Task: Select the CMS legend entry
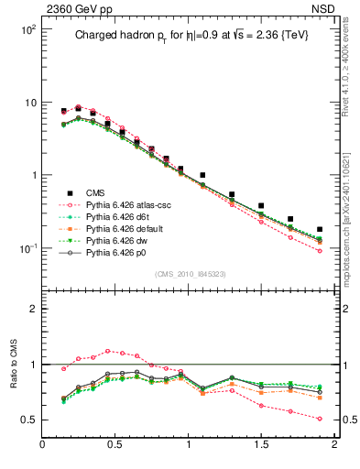96,192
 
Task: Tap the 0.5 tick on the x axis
115,444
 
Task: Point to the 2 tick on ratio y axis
33,309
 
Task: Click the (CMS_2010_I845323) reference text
188,274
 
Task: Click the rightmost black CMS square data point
320,229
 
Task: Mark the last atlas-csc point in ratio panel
320,419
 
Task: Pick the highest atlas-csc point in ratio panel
108,351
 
